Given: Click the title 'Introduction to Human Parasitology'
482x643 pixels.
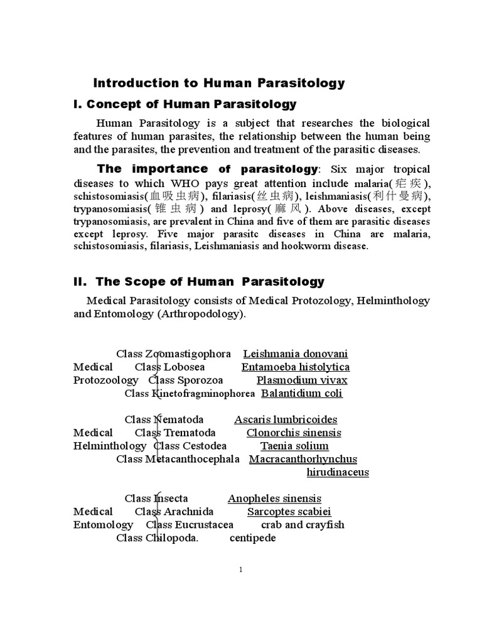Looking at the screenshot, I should pos(219,83).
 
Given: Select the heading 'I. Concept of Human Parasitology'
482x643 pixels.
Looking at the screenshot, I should pos(185,104).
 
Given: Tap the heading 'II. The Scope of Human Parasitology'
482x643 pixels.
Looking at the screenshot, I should pos(199,282).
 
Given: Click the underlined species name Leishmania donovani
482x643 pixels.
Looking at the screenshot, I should pos(295,354).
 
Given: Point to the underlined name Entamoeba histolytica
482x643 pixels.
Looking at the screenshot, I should pos(295,367).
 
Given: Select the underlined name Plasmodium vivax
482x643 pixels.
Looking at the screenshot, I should pos(302,381).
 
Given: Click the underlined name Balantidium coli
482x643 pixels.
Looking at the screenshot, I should pos(302,394).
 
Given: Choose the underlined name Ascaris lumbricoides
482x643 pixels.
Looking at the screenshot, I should pos(286,419).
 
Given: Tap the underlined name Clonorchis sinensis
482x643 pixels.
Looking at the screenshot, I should pos(294,433).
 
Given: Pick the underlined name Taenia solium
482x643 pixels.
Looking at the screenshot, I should pos(286,446).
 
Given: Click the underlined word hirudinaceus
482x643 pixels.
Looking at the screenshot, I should pos(337,472).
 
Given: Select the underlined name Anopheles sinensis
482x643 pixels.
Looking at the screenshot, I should pos(274,499).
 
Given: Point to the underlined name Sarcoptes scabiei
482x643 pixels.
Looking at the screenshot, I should pos(289,512).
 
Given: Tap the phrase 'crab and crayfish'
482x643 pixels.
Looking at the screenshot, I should pos(303,525).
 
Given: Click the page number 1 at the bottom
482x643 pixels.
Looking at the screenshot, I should pos(240,570).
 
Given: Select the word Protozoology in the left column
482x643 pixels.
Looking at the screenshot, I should pos(105,381).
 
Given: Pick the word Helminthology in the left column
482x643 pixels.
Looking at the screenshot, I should pos(109,446).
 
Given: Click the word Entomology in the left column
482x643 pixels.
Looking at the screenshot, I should pos(103,525).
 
